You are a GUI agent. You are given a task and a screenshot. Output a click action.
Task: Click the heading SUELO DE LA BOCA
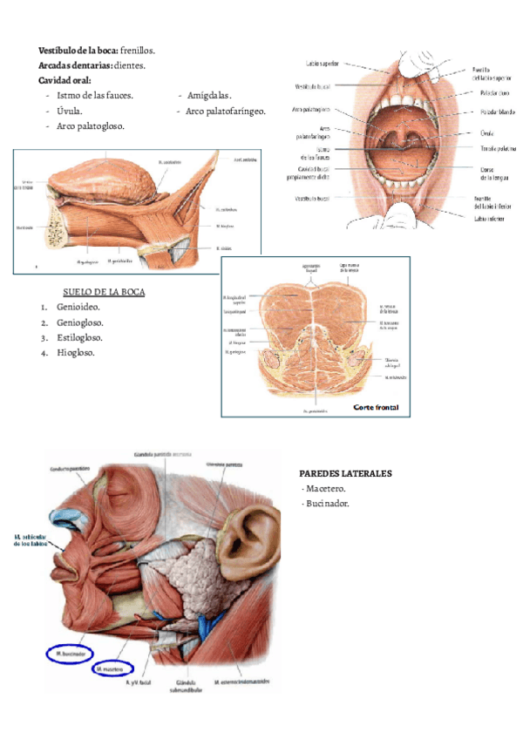coord(105,292)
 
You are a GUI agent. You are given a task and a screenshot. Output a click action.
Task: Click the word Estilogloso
coord(79,338)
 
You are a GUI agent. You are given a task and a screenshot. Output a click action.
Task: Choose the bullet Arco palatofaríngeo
coord(226,112)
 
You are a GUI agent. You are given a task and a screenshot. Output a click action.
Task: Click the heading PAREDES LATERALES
coord(346,473)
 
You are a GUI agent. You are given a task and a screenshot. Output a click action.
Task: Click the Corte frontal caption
coord(377,407)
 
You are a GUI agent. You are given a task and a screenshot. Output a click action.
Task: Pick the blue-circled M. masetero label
coord(112,669)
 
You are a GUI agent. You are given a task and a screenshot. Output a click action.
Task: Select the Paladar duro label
coord(494,92)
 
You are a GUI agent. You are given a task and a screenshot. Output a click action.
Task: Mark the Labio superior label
coord(322,64)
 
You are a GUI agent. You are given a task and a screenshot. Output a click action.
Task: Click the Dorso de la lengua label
coord(496,171)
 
